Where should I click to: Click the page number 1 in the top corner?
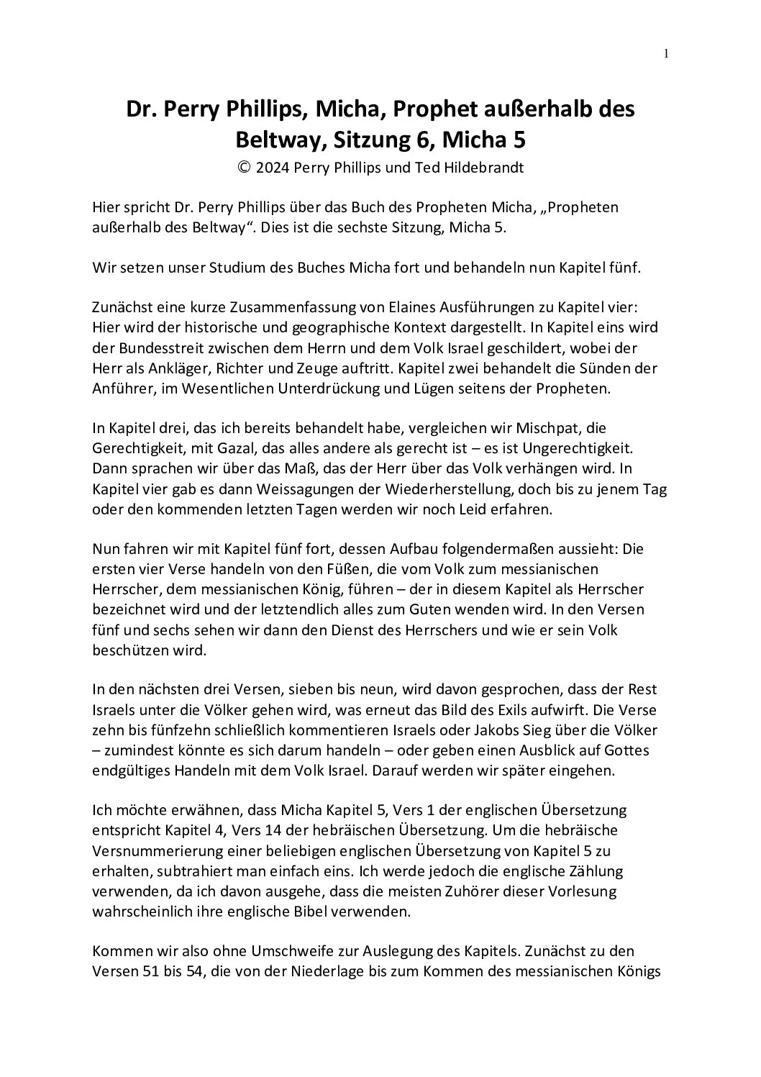tap(667, 53)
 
